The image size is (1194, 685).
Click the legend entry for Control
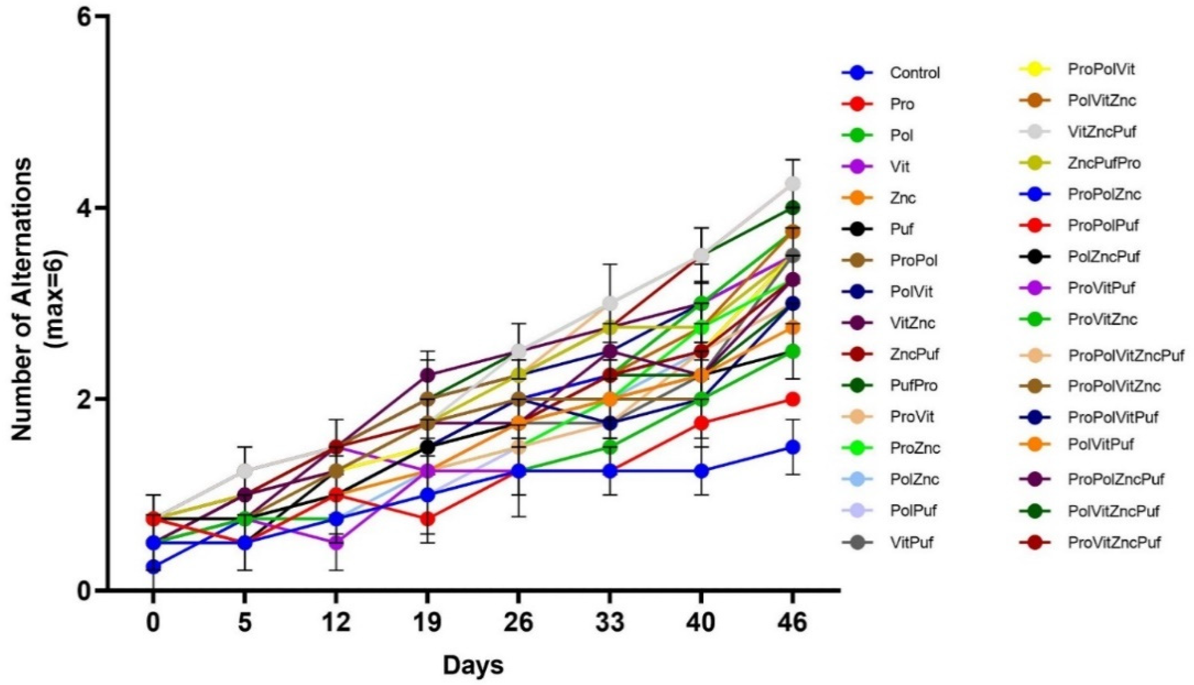pos(914,73)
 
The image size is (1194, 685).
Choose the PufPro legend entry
pos(913,386)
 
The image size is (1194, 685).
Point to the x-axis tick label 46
pos(793,623)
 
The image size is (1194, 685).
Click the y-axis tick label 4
pos(85,208)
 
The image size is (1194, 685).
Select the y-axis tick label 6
pos(85,17)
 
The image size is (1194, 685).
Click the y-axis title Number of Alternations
pos(23,299)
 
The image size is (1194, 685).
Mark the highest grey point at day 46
pos(793,184)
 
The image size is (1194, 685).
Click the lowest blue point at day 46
pos(793,447)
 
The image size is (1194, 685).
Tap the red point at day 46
pos(793,399)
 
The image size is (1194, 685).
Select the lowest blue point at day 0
pos(153,567)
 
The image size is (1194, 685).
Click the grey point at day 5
pos(245,471)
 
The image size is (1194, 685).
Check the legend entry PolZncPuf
pos(1104,257)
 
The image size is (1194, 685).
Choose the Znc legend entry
pos(902,198)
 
